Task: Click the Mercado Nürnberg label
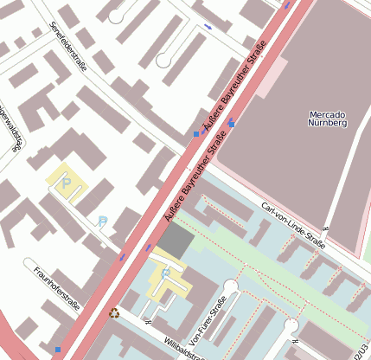[x=327, y=119]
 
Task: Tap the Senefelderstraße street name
[x=67, y=48]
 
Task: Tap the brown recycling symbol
[x=112, y=313]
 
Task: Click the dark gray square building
[x=176, y=240]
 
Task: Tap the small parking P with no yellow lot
[x=103, y=222]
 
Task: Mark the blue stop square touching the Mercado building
[x=231, y=123]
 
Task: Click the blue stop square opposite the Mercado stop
[x=196, y=134]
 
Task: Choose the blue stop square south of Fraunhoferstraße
[x=58, y=350]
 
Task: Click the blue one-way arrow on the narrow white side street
[x=207, y=26]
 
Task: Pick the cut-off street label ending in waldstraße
[x=10, y=127]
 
